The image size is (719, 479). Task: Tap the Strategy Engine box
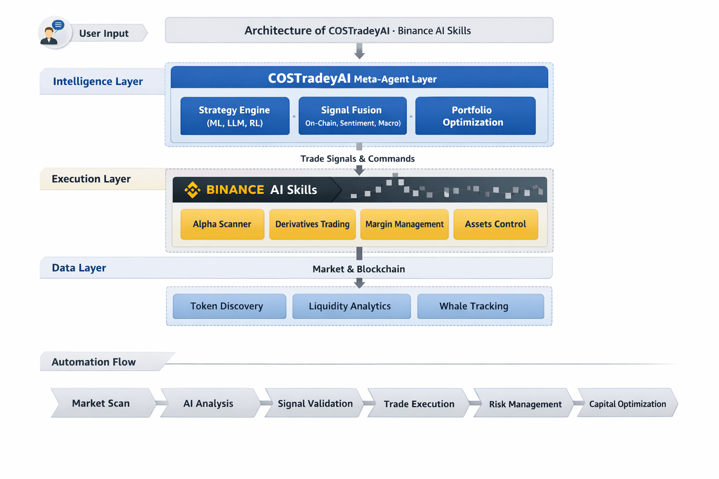(235, 116)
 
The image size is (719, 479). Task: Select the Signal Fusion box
(352, 116)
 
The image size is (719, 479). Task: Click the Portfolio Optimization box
(475, 116)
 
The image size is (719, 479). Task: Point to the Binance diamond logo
(192, 189)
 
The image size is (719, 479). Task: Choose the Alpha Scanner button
(222, 224)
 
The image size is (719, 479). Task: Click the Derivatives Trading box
(312, 224)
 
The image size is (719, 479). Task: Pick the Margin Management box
(404, 224)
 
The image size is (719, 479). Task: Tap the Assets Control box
(496, 224)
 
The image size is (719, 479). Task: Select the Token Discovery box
(229, 306)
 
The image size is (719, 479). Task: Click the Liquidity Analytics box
(352, 306)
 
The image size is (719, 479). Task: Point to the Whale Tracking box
(481, 306)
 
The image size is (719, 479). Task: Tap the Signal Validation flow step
(315, 403)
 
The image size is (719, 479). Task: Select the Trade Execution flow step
(418, 403)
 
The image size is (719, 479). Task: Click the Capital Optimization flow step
(628, 403)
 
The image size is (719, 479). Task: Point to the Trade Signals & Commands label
(358, 159)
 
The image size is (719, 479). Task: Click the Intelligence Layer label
(98, 81)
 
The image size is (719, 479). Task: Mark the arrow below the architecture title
(359, 51)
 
